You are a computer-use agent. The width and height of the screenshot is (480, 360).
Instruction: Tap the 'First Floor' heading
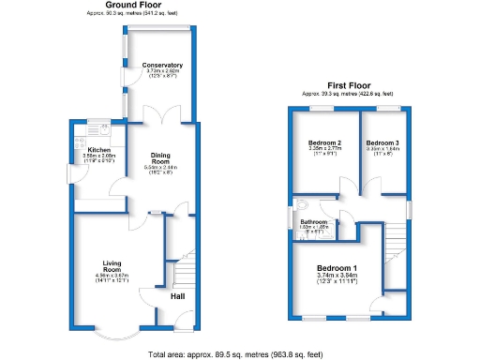[x=347, y=85]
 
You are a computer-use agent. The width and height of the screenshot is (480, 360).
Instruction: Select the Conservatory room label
[x=162, y=65]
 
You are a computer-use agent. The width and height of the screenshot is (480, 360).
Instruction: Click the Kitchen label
[x=99, y=150]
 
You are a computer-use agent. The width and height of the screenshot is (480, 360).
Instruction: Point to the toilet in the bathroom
[x=301, y=205]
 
